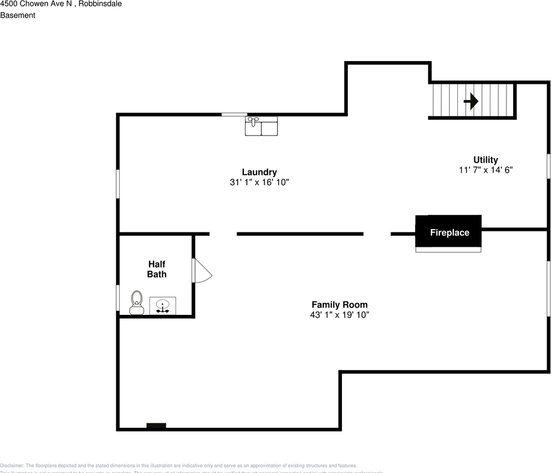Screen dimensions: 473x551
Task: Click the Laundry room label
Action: [259, 172]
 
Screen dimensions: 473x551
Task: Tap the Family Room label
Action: [339, 304]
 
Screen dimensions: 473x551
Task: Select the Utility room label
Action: [485, 160]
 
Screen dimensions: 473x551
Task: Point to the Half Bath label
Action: [157, 269]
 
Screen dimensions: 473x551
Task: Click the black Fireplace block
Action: [448, 232]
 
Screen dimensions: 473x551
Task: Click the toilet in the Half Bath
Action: [137, 303]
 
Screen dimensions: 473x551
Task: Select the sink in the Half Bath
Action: [163, 305]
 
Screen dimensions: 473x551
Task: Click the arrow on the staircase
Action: [471, 101]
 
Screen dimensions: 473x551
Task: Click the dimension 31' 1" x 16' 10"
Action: [259, 182]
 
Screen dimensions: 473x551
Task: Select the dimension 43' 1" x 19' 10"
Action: [339, 315]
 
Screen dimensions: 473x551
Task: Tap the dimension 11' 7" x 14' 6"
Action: [485, 170]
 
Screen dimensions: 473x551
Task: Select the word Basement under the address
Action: [18, 15]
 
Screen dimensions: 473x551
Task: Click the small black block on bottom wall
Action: [156, 426]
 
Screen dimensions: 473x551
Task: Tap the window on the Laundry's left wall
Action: [118, 184]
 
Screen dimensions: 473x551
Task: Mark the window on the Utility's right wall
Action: [548, 166]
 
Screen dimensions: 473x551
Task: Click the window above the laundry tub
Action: [234, 114]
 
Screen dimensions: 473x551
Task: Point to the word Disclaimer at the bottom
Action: [12, 466]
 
